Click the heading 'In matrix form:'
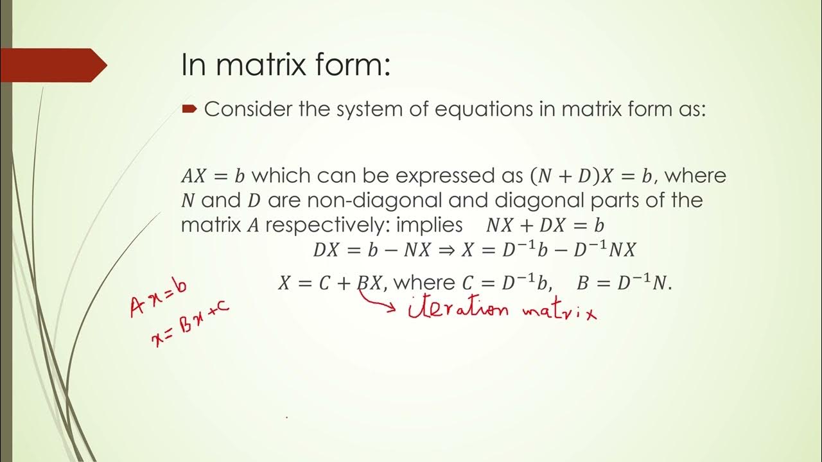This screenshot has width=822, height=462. tap(286, 65)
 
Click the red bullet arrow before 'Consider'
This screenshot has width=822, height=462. tap(188, 110)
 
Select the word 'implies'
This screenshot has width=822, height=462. tap(430, 226)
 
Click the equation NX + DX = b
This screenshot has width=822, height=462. tap(545, 226)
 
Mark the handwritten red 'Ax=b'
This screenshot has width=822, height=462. tap(158, 298)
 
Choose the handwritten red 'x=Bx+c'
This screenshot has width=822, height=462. tap(190, 326)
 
